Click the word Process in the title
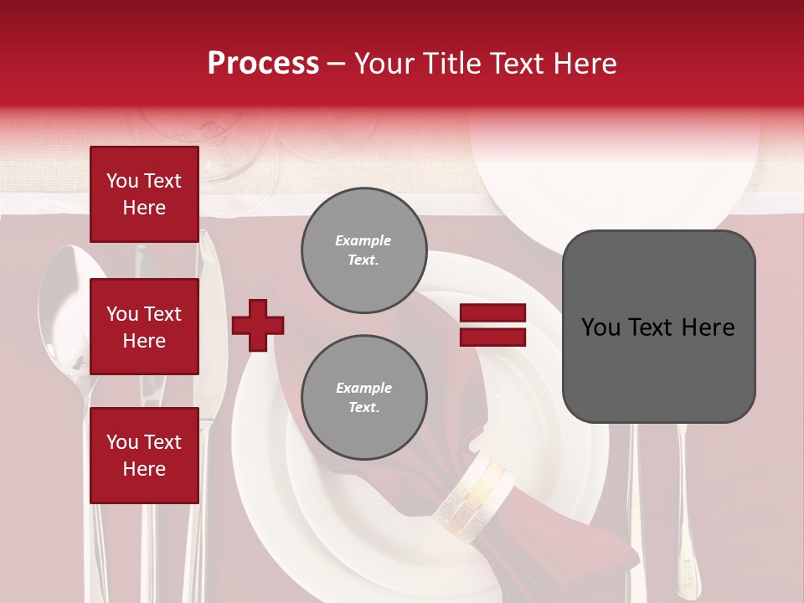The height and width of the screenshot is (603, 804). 263,63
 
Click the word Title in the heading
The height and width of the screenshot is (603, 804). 449,63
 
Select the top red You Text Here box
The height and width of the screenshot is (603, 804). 144,194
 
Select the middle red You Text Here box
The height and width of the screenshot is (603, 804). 144,327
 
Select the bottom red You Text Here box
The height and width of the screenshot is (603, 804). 144,455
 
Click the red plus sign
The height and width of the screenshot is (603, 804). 258,325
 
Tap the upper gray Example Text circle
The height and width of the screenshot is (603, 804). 363,250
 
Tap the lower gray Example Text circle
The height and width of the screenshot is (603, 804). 363,398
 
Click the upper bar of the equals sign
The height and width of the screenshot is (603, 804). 493,313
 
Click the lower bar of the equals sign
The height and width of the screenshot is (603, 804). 493,337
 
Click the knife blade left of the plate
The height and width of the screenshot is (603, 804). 207,285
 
